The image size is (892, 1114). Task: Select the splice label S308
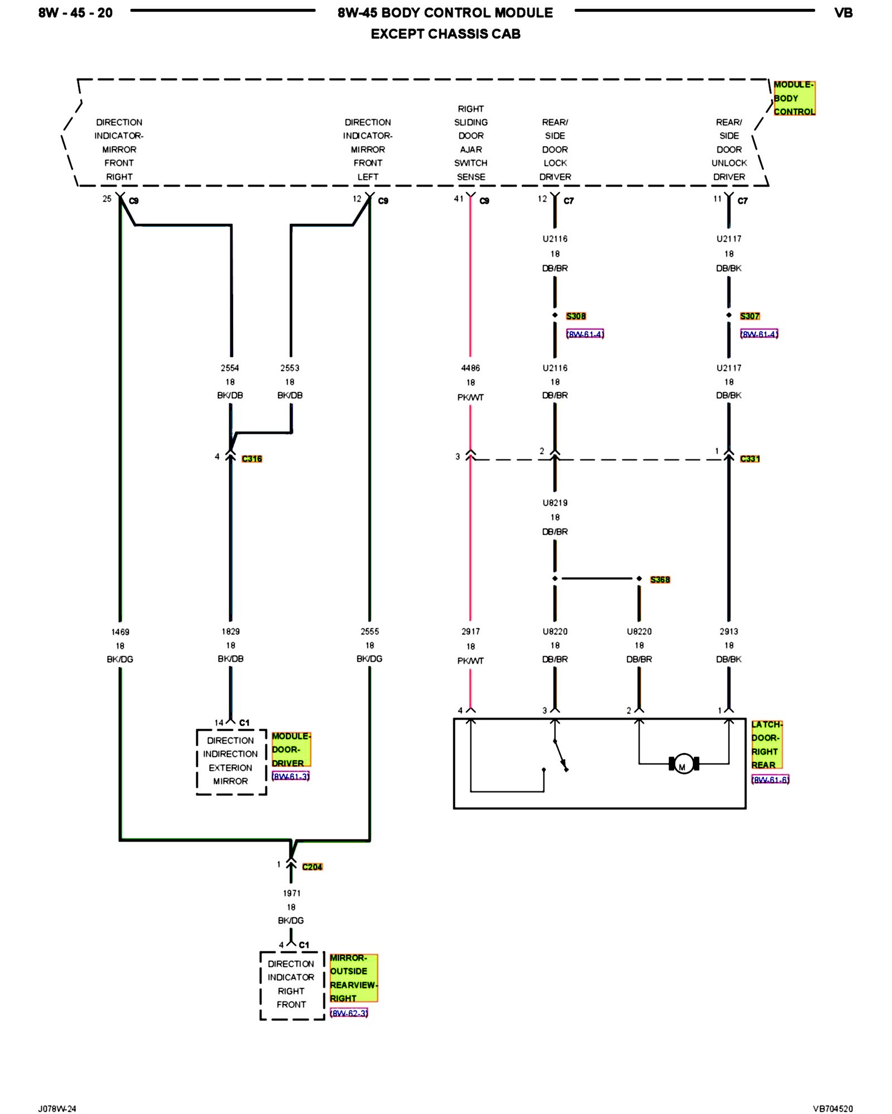click(576, 316)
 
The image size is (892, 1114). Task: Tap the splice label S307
click(750, 316)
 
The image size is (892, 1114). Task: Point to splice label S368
click(660, 579)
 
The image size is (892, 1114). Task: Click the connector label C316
click(252, 458)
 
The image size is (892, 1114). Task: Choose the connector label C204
click(312, 867)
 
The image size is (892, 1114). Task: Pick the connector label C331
click(750, 458)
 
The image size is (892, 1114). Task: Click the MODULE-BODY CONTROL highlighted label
click(794, 98)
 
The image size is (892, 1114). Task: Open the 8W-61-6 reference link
click(770, 780)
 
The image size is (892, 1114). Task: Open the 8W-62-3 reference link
click(349, 1013)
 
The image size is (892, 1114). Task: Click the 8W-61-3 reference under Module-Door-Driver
click(290, 776)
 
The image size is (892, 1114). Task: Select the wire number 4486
click(471, 368)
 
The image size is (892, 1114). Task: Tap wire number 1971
click(292, 893)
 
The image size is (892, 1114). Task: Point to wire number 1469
click(120, 632)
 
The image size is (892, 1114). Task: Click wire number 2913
click(729, 631)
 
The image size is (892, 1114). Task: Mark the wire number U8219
click(555, 502)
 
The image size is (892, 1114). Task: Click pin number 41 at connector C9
click(458, 198)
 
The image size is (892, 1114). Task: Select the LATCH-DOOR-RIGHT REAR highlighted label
click(767, 745)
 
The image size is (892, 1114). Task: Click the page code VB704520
click(832, 1108)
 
